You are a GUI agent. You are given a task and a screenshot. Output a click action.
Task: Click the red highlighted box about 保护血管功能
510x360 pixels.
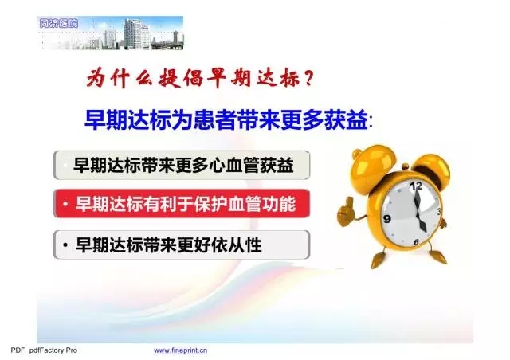click(x=182, y=204)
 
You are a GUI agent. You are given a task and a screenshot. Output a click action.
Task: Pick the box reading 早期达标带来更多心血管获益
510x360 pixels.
click(x=182, y=165)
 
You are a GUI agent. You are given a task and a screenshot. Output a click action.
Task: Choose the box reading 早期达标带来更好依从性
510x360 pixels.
click(x=182, y=245)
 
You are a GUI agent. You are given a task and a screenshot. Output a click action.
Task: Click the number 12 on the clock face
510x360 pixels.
click(x=416, y=186)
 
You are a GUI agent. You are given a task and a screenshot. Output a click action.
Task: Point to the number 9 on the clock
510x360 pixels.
click(x=387, y=219)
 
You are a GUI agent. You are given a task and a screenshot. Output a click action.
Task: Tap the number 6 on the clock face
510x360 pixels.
click(x=416, y=241)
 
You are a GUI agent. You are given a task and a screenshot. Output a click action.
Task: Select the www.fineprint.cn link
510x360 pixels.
click(x=181, y=350)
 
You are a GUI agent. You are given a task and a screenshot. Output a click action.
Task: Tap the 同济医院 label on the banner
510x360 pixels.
click(x=58, y=23)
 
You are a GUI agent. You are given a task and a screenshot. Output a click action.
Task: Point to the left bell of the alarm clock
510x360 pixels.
click(x=371, y=166)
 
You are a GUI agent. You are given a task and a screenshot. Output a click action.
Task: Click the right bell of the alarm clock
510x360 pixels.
click(x=433, y=167)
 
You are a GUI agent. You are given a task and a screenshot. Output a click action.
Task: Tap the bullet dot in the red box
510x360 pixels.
click(x=65, y=204)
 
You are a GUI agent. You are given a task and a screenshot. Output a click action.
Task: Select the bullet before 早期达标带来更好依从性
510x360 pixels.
click(x=65, y=245)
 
